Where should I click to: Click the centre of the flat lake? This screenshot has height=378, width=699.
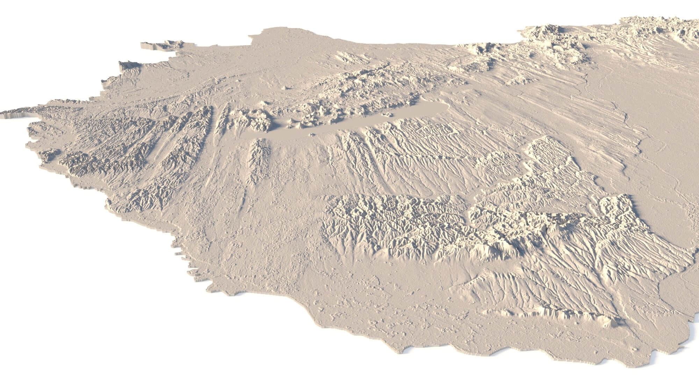(x=349, y=122)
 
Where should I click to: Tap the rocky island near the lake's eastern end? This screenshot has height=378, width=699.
(x=387, y=114)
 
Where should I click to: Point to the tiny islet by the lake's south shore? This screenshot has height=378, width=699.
(x=311, y=134)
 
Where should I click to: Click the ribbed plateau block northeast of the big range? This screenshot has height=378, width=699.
(x=552, y=157)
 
